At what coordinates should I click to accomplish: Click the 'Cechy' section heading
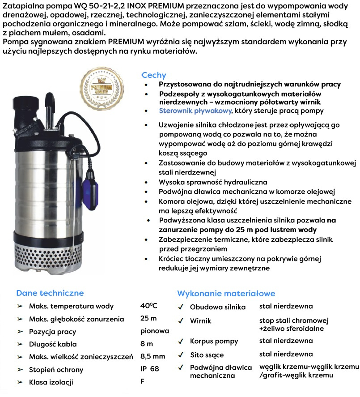pos(154,75)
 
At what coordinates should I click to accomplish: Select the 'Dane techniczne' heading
pos(50,293)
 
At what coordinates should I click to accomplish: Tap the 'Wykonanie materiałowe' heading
pos(226,294)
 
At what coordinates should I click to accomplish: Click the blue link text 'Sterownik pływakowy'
pos(195,111)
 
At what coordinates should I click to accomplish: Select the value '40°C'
pos(148,306)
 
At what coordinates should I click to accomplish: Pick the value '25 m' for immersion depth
pos(148,319)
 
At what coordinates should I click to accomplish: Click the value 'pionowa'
pos(155,331)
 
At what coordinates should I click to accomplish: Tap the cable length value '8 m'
pos(147,344)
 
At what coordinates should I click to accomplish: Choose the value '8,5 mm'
pos(152,357)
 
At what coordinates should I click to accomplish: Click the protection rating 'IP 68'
pos(149,369)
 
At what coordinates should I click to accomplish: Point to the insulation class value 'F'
pos(142,382)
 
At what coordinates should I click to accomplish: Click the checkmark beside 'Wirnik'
pos(180,321)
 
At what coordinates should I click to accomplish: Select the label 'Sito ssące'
pos(207,355)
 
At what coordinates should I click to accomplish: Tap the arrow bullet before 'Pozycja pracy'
pos(20,332)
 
